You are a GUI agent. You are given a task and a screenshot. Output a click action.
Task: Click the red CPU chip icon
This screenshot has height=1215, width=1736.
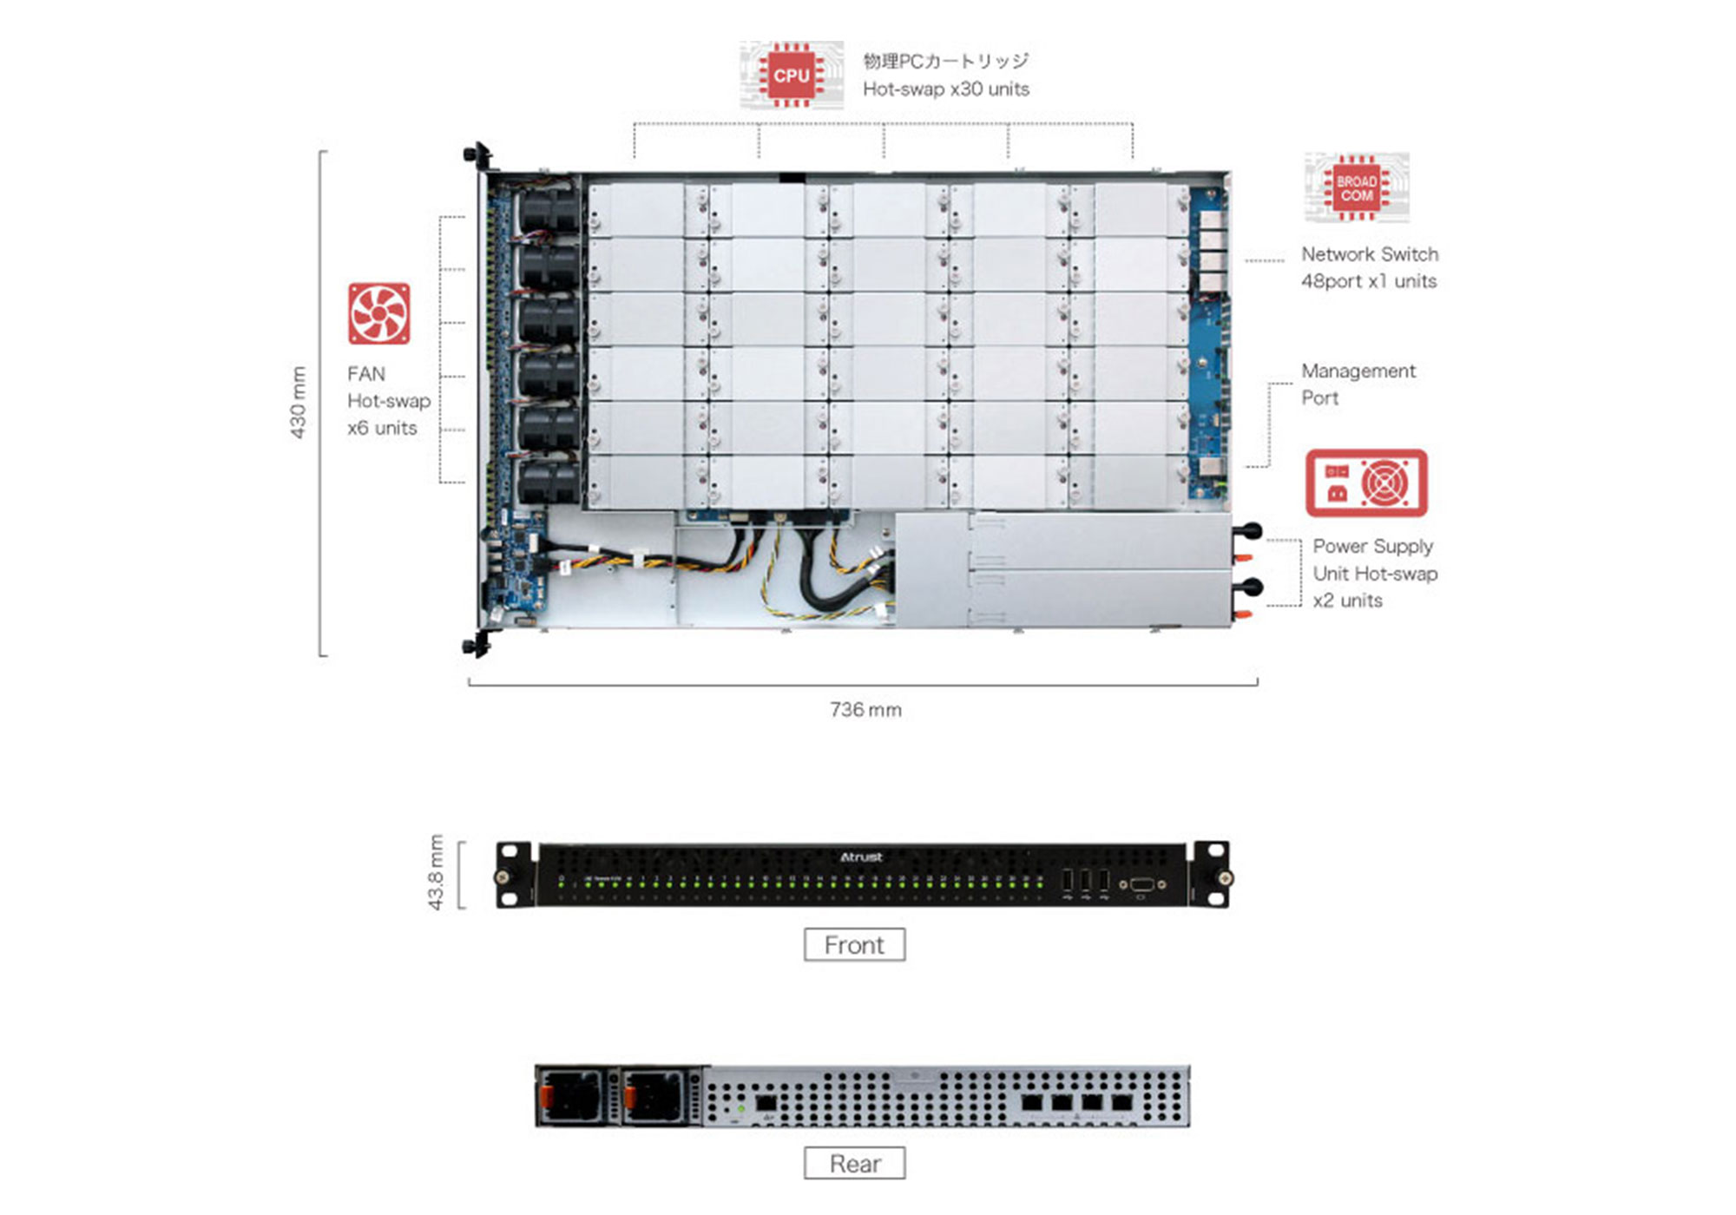click(791, 76)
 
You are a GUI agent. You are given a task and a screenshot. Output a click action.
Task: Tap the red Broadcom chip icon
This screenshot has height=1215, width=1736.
click(1356, 188)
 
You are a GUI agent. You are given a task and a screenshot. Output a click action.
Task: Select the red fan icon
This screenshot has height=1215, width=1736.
click(378, 313)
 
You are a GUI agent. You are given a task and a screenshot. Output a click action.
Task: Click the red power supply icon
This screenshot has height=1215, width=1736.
click(1366, 483)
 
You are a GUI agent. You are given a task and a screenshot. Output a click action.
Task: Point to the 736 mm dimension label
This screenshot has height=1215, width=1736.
click(865, 710)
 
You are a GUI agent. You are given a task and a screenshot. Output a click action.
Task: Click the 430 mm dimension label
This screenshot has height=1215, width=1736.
click(298, 402)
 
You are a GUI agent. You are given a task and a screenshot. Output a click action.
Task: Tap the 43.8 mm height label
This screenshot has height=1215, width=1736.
click(436, 872)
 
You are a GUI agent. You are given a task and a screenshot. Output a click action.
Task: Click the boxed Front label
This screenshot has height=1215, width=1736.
click(854, 944)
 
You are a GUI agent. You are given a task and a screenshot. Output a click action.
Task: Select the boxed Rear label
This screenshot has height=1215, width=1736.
click(854, 1163)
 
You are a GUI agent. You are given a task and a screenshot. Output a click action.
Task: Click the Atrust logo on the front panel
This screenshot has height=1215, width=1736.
click(861, 857)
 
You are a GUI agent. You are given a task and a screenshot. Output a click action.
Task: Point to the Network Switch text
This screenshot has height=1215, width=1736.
click(1369, 254)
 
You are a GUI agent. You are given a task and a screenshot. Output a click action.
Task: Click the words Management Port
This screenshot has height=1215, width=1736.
click(1358, 384)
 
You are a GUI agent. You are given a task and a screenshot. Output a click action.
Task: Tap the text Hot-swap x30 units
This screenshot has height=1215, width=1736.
click(945, 89)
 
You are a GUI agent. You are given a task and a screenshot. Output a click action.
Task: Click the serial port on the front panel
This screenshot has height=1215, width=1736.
click(1141, 884)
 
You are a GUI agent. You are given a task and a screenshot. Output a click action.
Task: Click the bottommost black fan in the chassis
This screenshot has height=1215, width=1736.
click(549, 482)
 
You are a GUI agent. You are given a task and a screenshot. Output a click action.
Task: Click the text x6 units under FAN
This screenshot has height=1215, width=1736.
click(382, 428)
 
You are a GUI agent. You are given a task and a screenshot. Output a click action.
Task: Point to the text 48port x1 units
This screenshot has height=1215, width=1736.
click(1368, 281)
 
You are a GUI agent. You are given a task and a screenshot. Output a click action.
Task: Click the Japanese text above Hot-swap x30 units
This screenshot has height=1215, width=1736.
click(945, 61)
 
